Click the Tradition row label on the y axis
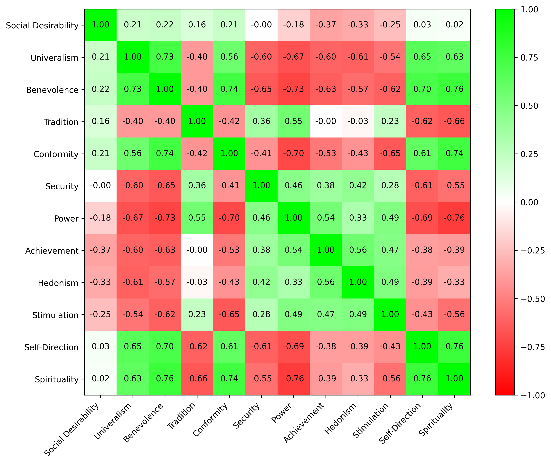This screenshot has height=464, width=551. (x=61, y=122)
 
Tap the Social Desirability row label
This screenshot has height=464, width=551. (x=42, y=25)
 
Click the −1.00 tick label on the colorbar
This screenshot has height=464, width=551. (x=533, y=395)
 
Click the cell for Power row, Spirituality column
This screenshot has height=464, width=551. (x=454, y=218)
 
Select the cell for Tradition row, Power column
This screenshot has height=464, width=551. (x=293, y=121)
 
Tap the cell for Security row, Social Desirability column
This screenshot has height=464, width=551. (x=100, y=186)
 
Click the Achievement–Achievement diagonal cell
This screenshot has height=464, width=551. (x=326, y=250)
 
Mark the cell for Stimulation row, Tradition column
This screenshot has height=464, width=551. (x=197, y=314)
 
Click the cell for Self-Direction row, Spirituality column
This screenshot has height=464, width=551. (x=454, y=346)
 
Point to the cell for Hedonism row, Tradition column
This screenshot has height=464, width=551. (x=197, y=282)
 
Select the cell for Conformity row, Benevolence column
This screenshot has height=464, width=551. (x=165, y=153)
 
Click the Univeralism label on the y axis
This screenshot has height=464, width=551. (x=54, y=58)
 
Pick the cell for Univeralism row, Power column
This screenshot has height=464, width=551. (x=293, y=57)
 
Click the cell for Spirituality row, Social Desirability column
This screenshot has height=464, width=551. (x=100, y=379)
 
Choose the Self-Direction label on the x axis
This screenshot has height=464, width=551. (x=400, y=423)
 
